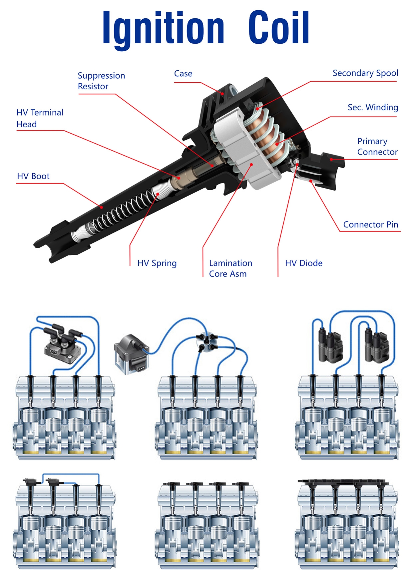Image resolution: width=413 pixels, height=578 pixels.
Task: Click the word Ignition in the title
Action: pyautogui.click(x=163, y=28)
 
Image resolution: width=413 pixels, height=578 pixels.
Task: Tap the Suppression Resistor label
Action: pyautogui.click(x=101, y=81)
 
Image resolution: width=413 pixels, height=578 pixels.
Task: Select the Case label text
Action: pyautogui.click(x=183, y=74)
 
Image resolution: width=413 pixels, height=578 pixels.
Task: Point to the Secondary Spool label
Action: pyautogui.click(x=365, y=73)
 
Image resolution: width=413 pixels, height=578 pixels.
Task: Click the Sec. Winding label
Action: pyautogui.click(x=373, y=107)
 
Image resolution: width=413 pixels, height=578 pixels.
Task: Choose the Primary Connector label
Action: pyautogui.click(x=377, y=147)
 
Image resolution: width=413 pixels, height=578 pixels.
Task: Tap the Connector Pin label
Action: pyautogui.click(x=370, y=225)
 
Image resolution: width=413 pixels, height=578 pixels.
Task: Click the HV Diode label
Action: pyautogui.click(x=304, y=263)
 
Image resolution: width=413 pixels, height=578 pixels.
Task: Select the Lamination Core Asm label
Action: pyautogui.click(x=230, y=269)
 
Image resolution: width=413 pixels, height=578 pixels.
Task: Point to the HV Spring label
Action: pyautogui.click(x=157, y=263)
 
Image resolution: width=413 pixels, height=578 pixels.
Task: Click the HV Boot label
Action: pyautogui.click(x=33, y=176)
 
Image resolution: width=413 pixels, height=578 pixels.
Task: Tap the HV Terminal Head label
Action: pyautogui.click(x=40, y=118)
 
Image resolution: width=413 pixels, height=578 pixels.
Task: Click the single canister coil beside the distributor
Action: pyautogui.click(x=132, y=354)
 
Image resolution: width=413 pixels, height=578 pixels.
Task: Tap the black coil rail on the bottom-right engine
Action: pyautogui.click(x=343, y=482)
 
